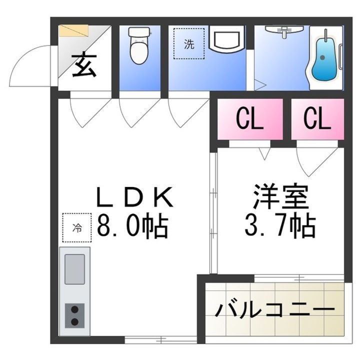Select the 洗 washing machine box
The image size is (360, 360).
(x=189, y=44)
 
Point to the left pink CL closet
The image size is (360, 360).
(x=249, y=119)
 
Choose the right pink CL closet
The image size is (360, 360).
(x=317, y=119)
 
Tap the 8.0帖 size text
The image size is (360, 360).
(x=132, y=227)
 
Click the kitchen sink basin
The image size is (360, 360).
(x=75, y=269)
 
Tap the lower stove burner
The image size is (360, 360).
(x=75, y=322)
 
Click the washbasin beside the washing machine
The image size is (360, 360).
(x=225, y=40)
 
